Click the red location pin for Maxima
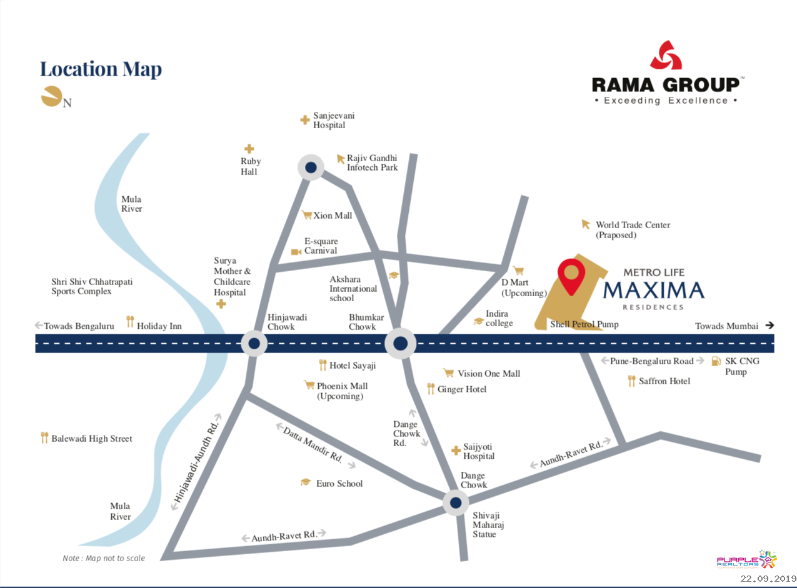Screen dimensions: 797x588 point(571,276)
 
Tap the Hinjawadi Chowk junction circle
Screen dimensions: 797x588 point(254,343)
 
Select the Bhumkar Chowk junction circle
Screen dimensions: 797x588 point(400,343)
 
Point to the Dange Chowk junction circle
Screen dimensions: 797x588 point(456,502)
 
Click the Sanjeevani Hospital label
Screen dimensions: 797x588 point(329,120)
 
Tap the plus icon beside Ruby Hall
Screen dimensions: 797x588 point(249,149)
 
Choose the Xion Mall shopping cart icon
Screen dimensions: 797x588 point(306,216)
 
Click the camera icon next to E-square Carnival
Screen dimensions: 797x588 point(296,252)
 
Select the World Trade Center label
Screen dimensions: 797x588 point(632,230)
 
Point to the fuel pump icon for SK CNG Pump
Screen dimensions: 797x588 point(716,361)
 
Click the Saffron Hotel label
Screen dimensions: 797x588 point(664,381)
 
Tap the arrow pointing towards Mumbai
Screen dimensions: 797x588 point(769,326)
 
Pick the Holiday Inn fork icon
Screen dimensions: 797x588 point(130,322)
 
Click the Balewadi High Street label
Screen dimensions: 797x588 point(92,439)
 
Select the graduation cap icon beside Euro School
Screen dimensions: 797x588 point(305,483)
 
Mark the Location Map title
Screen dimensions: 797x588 point(101,69)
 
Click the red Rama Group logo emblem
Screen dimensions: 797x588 point(666,55)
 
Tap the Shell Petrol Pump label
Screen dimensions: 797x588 point(584,324)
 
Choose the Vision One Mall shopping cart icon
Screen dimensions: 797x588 point(448,373)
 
